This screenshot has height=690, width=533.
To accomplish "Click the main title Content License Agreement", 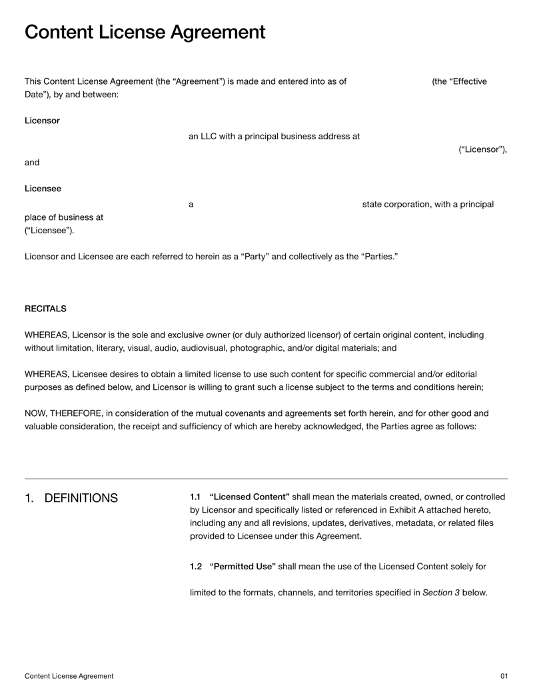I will click(145, 32).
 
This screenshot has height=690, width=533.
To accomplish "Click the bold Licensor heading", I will click(42, 121).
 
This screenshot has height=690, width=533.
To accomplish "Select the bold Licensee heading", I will click(43, 189).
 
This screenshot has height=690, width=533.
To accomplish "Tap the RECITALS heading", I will click(45, 309).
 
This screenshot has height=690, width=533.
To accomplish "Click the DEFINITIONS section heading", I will click(81, 498).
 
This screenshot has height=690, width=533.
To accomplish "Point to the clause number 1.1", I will click(195, 497).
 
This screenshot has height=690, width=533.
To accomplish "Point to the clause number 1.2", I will click(196, 567).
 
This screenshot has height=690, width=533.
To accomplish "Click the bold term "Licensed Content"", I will click(249, 497).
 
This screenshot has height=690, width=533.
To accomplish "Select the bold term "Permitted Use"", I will click(242, 567).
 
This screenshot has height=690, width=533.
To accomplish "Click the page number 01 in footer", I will click(504, 676).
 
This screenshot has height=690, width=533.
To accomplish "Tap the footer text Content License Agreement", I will click(69, 676).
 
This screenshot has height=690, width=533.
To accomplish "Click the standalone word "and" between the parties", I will click(32, 162).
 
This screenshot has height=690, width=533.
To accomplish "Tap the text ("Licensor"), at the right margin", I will click(482, 149).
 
